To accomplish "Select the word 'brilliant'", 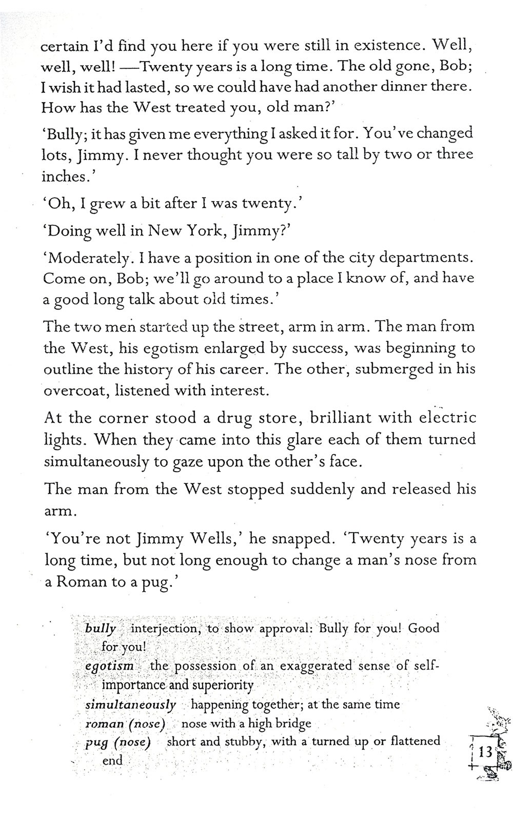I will click(x=339, y=418).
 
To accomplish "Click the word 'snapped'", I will click(x=302, y=539).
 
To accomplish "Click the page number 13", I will click(x=485, y=753).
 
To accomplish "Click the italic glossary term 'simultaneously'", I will click(x=130, y=705).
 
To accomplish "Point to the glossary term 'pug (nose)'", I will click(x=117, y=743).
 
